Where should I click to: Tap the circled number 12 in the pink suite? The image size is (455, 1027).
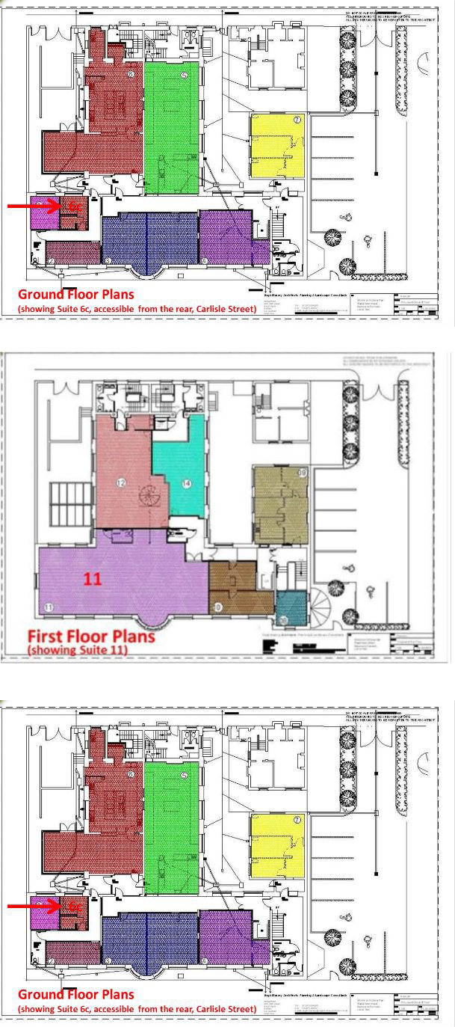coord(120,483)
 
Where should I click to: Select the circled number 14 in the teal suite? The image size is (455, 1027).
coord(186,484)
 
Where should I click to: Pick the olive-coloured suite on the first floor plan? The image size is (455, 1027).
coord(280,505)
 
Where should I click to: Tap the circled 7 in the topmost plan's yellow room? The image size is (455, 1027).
coord(297,120)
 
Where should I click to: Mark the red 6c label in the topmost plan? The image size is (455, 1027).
coord(74,205)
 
